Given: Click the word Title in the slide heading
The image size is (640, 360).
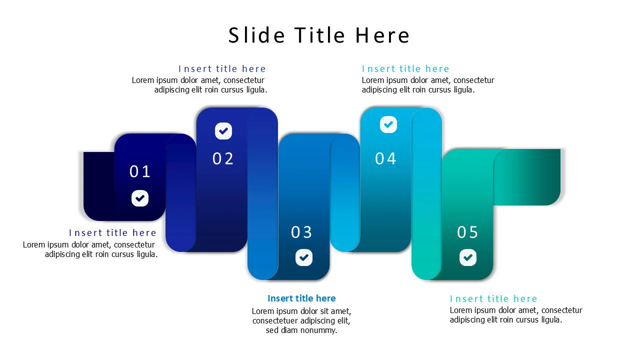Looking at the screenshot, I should pyautogui.click(x=319, y=35).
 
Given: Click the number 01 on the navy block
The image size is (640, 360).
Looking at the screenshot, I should pyautogui.click(x=140, y=171).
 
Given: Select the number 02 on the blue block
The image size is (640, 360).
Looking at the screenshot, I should pyautogui.click(x=223, y=158).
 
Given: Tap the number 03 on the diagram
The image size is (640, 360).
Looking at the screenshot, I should pyautogui.click(x=302, y=232).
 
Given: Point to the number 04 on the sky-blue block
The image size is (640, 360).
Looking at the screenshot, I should pyautogui.click(x=386, y=158).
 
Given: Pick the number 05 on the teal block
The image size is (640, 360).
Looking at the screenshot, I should pyautogui.click(x=468, y=232).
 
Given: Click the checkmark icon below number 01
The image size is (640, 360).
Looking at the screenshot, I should pyautogui.click(x=140, y=198).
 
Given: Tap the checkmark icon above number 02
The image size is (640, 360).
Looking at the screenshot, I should pyautogui.click(x=223, y=131).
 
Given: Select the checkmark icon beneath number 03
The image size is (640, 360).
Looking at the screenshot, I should pyautogui.click(x=304, y=257).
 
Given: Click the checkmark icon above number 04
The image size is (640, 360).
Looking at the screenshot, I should pyautogui.click(x=388, y=124).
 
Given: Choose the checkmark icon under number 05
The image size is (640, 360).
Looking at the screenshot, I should pyautogui.click(x=468, y=257).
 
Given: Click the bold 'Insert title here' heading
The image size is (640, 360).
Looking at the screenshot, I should pyautogui.click(x=301, y=298).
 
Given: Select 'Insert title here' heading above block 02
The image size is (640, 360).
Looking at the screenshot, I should pyautogui.click(x=222, y=69).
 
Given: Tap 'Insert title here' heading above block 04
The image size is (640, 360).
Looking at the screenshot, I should pyautogui.click(x=405, y=69).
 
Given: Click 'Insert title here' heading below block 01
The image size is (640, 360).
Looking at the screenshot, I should pyautogui.click(x=112, y=233).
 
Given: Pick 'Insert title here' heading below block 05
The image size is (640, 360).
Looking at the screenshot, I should pyautogui.click(x=493, y=299).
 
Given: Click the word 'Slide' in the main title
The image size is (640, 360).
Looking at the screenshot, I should pyautogui.click(x=256, y=35).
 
